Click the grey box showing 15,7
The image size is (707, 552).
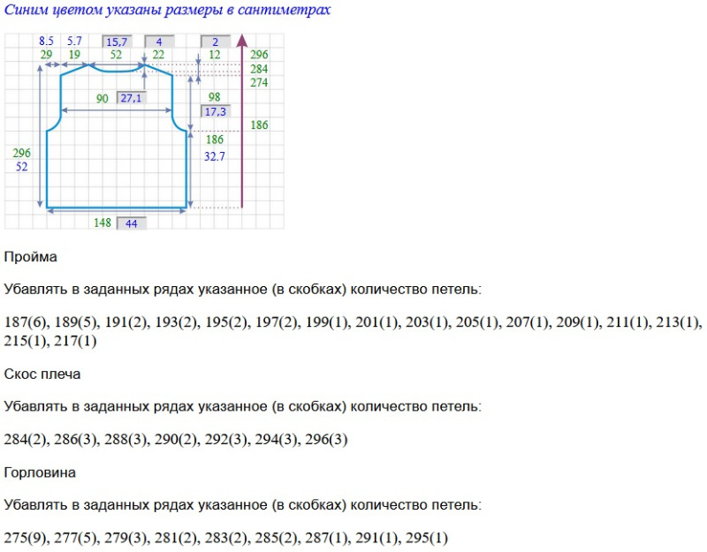116,42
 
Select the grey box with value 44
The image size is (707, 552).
132,223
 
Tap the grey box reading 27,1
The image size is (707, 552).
131,98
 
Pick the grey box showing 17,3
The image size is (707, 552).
215,112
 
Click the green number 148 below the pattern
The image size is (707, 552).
103,223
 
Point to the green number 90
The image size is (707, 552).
103,99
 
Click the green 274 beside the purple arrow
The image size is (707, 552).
259,83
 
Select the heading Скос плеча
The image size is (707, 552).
42,374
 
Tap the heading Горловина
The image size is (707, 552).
40,473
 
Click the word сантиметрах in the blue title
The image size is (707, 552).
285,11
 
